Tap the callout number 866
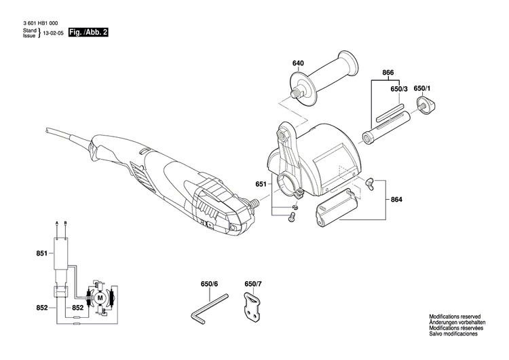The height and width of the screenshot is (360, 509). (x=388, y=72)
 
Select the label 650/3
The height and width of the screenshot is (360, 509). (x=399, y=89)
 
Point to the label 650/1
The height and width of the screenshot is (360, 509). (x=423, y=89)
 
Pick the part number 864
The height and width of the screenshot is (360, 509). (x=396, y=200)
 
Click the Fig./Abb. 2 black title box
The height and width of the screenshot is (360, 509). (x=91, y=32)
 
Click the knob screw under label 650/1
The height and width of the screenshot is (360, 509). (x=426, y=104)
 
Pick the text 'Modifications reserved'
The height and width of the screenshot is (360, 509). (x=454, y=317)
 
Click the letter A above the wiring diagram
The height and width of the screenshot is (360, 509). (x=57, y=223)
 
